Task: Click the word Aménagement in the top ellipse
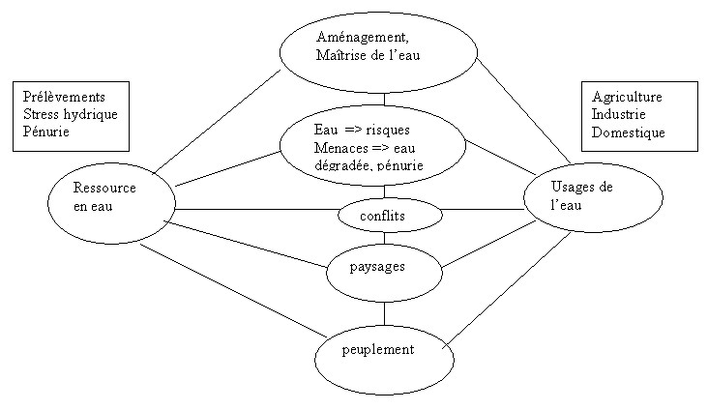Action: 356,37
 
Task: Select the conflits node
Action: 384,216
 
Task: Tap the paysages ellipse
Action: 383,266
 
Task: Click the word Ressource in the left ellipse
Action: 103,189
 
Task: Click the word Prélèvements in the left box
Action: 64,98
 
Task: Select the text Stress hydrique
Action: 69,115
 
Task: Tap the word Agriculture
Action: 627,98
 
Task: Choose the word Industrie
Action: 619,115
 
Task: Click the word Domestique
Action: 629,132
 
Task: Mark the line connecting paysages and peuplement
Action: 384,312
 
